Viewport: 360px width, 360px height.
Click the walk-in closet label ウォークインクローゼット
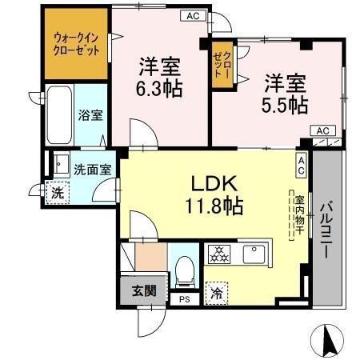pos(78,43)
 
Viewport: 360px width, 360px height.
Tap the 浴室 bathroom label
pos(90,115)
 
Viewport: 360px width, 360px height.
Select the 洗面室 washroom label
pos(93,170)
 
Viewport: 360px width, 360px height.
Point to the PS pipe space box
pos(185,300)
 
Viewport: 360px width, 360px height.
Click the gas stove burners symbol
pos(218,254)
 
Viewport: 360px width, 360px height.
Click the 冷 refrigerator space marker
pos(216,292)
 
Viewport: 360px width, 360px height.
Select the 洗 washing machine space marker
pos(57,194)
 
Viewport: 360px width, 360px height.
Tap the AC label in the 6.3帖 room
pos(193,15)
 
